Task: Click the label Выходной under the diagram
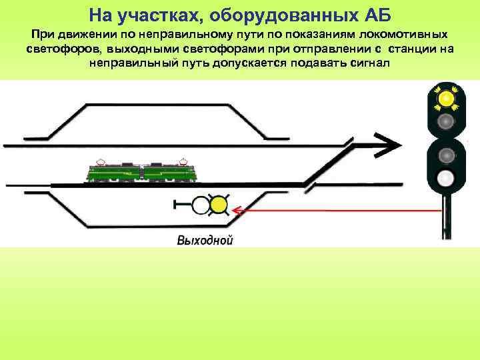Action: pyautogui.click(x=205, y=241)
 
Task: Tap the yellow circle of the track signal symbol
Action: pyautogui.click(x=218, y=205)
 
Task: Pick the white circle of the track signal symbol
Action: pyautogui.click(x=200, y=205)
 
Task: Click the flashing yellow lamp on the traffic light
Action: pyautogui.click(x=444, y=99)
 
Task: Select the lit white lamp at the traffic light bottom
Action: pyautogui.click(x=445, y=178)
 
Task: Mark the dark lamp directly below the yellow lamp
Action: pyautogui.click(x=445, y=121)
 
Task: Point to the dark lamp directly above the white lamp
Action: pyautogui.click(x=445, y=155)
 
